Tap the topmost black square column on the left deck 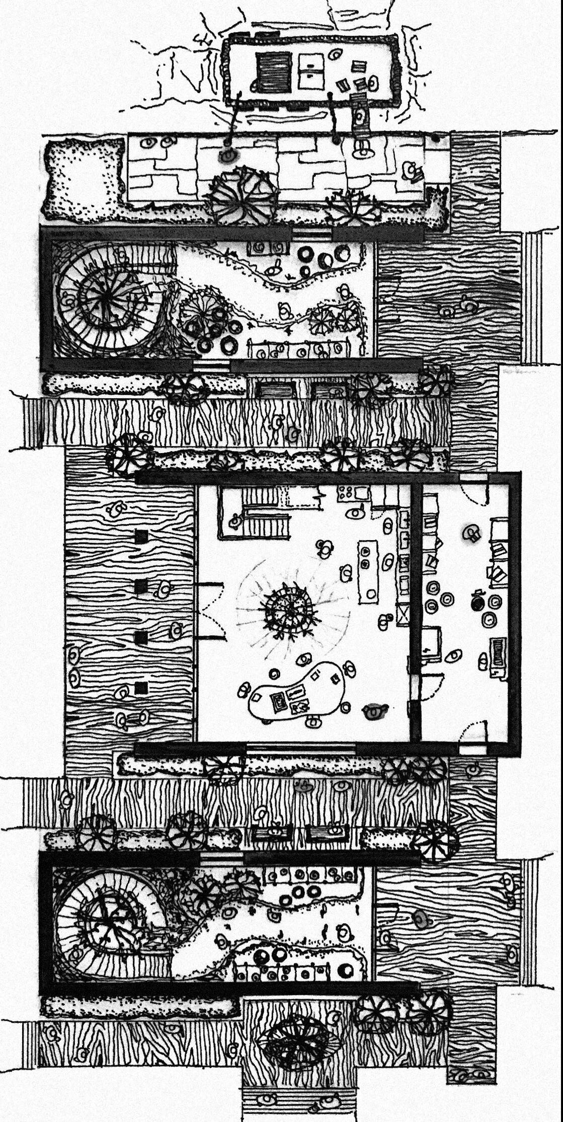point(141,537)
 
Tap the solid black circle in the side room point(476,603)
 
